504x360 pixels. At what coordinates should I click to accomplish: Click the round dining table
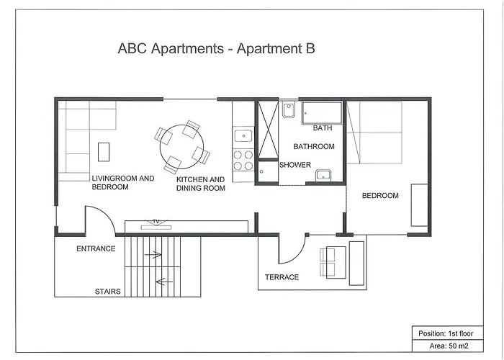coord(181,145)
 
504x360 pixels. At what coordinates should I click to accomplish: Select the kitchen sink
coord(243,135)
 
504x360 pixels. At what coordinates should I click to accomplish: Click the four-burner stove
coord(243,160)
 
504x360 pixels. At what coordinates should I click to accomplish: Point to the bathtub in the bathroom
coord(322,112)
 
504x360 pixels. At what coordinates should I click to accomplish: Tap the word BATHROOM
coord(313,146)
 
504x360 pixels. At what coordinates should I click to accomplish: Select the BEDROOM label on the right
coord(379,196)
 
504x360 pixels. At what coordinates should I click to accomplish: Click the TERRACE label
coord(282,277)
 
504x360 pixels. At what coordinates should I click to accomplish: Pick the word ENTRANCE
coord(96,249)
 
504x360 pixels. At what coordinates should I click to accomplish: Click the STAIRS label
coord(107,292)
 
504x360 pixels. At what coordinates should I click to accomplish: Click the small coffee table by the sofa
coord(104,151)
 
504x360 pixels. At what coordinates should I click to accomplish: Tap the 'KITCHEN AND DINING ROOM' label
coord(201,184)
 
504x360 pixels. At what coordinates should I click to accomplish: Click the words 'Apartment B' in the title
coord(278,49)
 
